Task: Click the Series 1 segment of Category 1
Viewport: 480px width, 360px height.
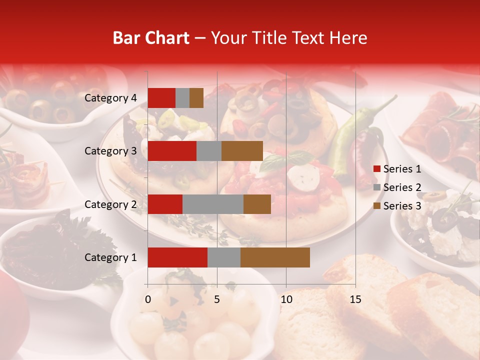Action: coord(177,257)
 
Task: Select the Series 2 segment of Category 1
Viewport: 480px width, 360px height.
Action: coord(223,257)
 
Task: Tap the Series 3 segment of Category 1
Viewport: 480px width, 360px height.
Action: coord(275,257)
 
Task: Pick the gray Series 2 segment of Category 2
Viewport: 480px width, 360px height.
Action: coord(212,204)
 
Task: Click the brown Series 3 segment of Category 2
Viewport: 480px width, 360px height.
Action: coord(257,204)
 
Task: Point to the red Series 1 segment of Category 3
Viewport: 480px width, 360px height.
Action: coord(172,151)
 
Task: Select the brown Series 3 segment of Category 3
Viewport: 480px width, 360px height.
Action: coord(242,151)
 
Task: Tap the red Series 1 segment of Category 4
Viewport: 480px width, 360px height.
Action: coord(161,98)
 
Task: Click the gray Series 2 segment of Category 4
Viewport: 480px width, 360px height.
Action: coord(182,98)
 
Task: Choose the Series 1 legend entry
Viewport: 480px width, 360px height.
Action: coord(397,169)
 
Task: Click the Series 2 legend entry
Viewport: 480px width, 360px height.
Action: coord(397,187)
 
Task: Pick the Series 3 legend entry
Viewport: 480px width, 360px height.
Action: coord(397,206)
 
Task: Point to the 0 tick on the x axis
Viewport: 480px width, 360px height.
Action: coord(148,299)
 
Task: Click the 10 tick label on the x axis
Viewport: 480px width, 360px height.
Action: coord(286,299)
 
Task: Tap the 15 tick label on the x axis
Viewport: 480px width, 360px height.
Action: coord(355,299)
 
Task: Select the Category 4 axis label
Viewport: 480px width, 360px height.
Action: coord(110,98)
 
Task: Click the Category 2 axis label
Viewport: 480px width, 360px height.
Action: coord(110,204)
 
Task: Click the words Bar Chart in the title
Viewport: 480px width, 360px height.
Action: coord(151,38)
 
